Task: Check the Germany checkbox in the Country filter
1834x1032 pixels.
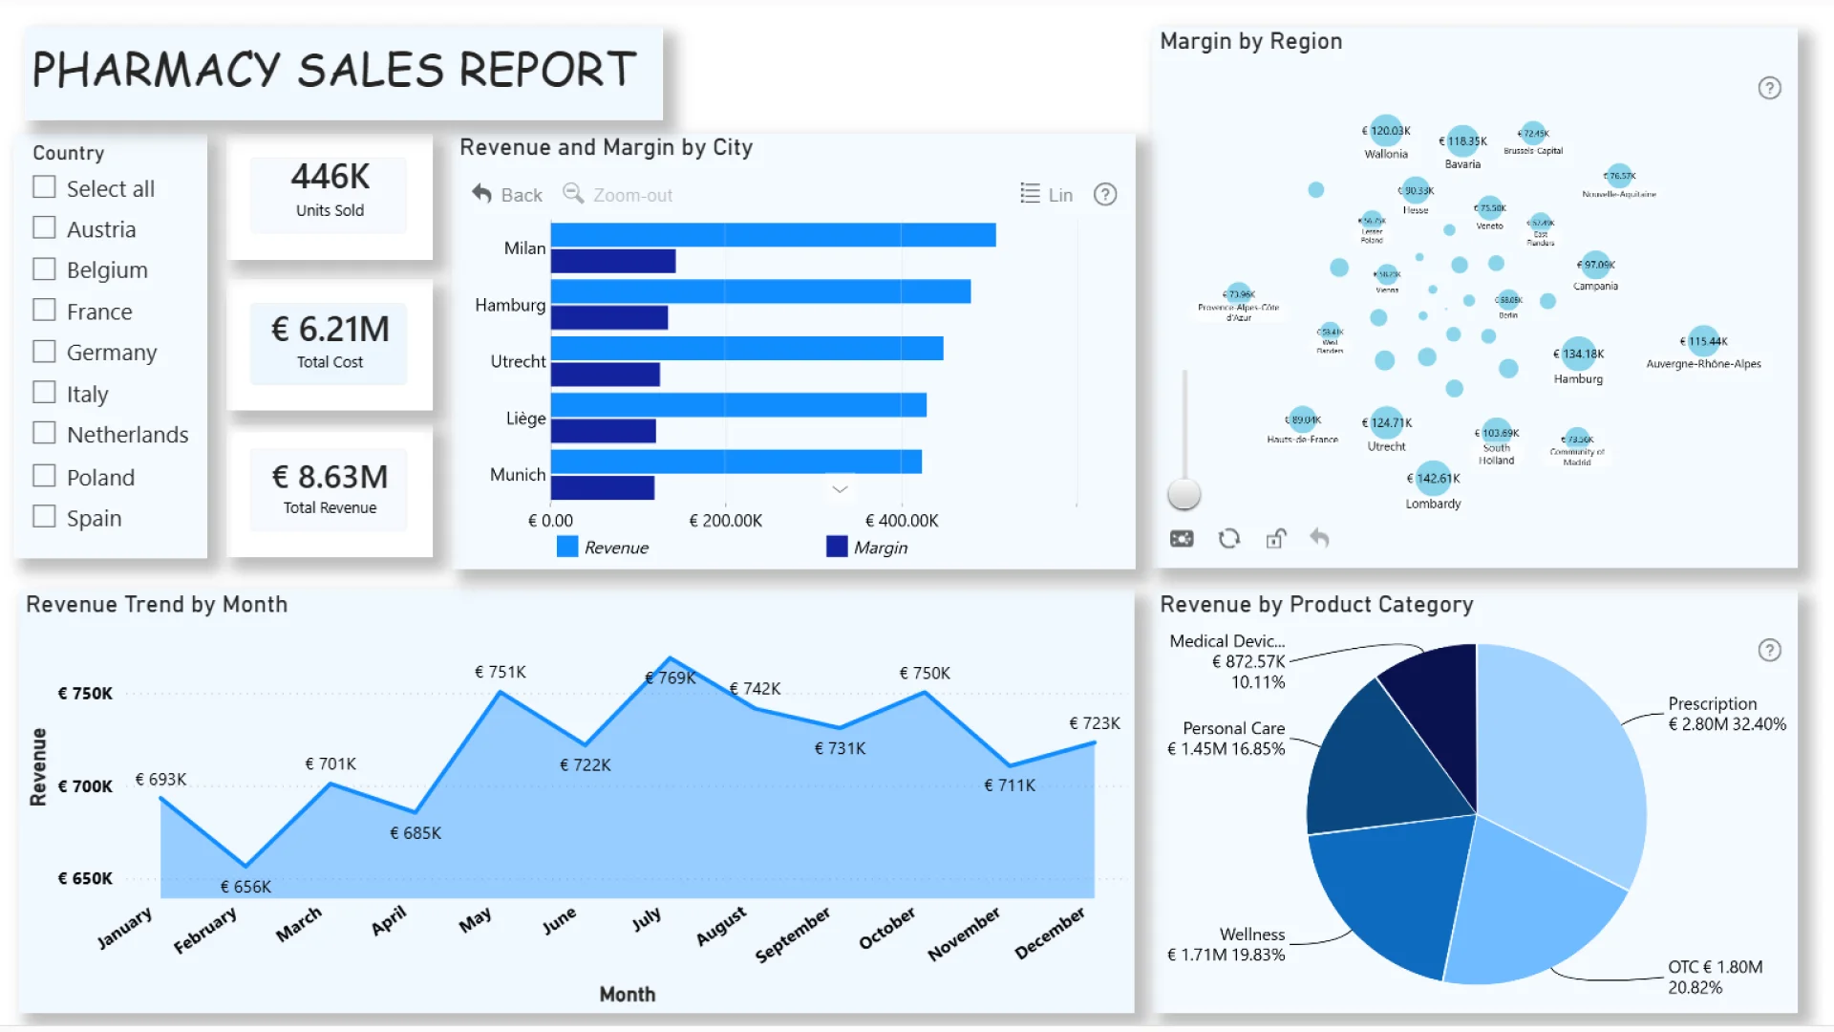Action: coord(44,352)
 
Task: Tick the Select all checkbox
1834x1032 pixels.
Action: coord(44,187)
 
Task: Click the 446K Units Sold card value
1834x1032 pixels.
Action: coord(330,177)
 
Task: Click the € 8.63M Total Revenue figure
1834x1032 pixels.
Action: coord(330,477)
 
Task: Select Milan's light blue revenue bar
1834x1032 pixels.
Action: coord(773,235)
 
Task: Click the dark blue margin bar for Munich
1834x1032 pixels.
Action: coord(603,488)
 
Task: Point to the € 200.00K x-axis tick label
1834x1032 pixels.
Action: coord(725,521)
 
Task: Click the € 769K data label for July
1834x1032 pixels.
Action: coord(671,678)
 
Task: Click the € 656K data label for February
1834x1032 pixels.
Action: coord(245,887)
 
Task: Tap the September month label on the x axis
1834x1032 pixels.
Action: coord(793,935)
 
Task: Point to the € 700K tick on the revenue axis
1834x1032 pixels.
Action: coord(85,786)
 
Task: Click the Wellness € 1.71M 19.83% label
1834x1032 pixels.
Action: coord(1226,944)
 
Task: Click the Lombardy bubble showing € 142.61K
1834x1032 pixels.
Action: coord(1433,478)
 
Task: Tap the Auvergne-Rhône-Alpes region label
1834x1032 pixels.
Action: coord(1703,364)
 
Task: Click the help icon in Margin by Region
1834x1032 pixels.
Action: coord(1769,88)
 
